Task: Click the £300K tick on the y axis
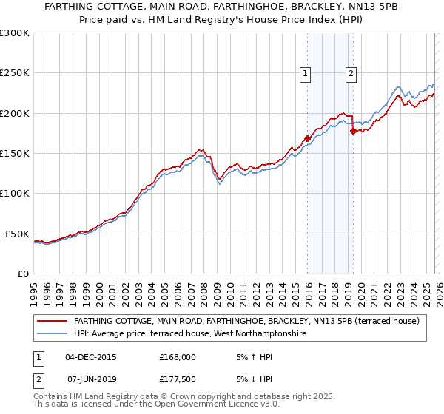point(15,33)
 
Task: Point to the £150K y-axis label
point(15,154)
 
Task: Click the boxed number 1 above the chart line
point(305,73)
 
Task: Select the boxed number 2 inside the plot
point(350,73)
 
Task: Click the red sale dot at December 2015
point(307,138)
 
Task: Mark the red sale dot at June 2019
point(353,131)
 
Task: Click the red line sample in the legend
point(53,321)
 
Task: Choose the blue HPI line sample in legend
point(53,333)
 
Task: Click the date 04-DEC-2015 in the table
point(90,356)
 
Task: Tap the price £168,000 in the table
point(178,356)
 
